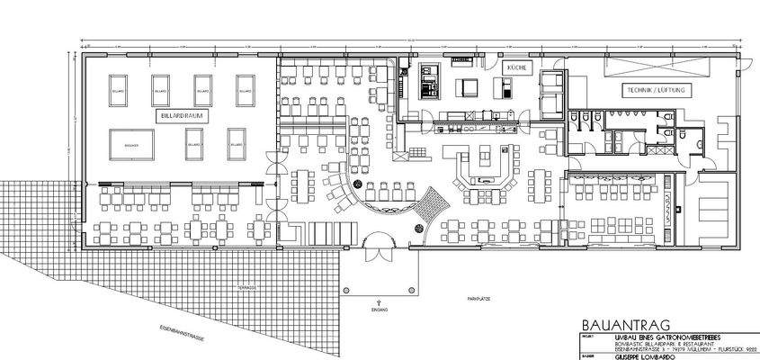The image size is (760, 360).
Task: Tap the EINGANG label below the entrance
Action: coord(380,310)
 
